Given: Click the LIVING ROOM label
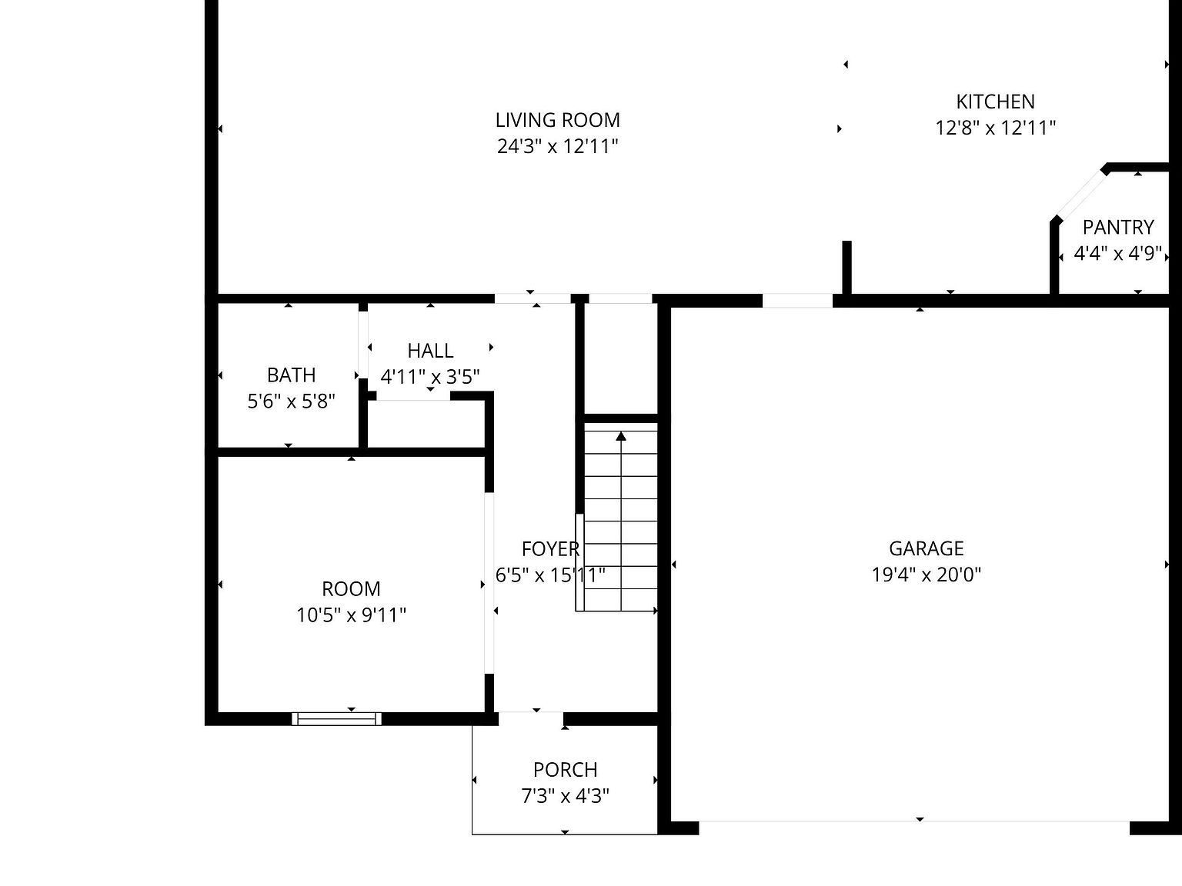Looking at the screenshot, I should tap(557, 120).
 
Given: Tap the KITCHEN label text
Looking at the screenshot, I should tap(995, 102).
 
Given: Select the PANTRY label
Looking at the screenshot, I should tap(1117, 228).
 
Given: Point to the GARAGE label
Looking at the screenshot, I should tap(926, 548).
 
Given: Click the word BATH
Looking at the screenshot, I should tap(291, 375).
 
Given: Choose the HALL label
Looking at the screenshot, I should tap(430, 351).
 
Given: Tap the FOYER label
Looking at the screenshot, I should tap(549, 549).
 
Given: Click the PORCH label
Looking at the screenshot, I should tap(565, 770).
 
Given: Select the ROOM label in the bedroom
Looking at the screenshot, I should tap(351, 589).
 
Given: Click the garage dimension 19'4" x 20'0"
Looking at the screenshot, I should tap(926, 575).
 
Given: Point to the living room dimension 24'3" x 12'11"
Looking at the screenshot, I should tap(557, 146).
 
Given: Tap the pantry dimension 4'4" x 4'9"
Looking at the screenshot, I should tap(1117, 254).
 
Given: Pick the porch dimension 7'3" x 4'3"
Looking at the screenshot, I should tap(565, 796).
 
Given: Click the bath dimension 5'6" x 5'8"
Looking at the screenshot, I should tap(291, 401).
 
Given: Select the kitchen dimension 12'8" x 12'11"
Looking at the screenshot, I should tap(995, 128).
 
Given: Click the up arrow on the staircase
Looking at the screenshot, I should tap(621, 438).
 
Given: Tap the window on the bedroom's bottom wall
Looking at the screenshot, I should tap(337, 719).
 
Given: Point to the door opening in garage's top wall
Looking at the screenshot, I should tap(797, 300).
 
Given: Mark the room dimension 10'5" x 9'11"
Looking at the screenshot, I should tap(351, 615).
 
